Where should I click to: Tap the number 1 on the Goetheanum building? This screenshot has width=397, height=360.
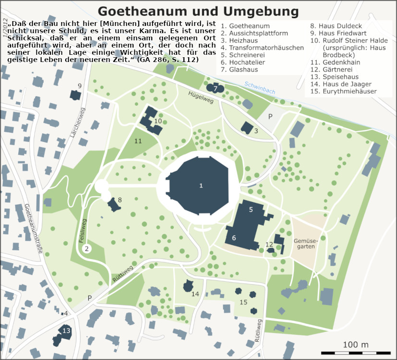click(x=201, y=186)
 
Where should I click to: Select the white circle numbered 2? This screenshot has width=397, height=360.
click(x=87, y=248)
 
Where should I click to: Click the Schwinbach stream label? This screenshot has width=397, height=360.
click(x=260, y=87)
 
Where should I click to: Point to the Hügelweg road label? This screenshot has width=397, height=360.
click(x=200, y=96)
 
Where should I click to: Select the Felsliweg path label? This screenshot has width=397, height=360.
click(x=83, y=231)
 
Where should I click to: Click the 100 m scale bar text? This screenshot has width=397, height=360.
click(x=356, y=345)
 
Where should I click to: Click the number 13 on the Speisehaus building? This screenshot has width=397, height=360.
click(x=66, y=331)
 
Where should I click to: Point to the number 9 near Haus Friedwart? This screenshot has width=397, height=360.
click(x=80, y=86)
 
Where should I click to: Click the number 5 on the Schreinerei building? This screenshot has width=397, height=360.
click(x=251, y=210)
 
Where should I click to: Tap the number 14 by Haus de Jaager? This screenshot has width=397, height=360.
click(x=195, y=294)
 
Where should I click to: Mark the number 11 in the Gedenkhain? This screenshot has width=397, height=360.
click(x=138, y=141)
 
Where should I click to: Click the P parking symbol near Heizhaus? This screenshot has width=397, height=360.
click(x=270, y=116)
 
